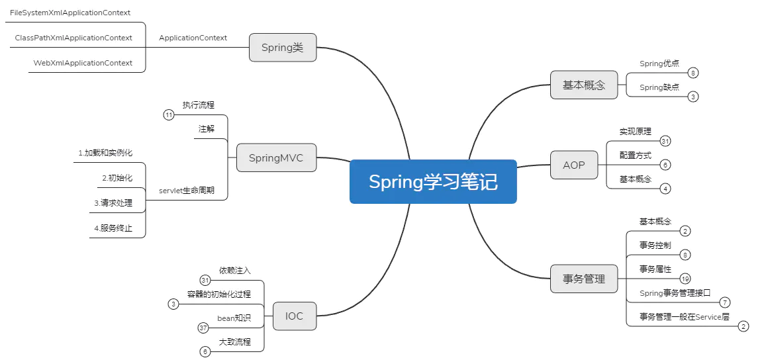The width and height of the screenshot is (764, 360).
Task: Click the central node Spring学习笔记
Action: [x=433, y=181]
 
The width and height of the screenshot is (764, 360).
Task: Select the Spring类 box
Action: [x=283, y=47]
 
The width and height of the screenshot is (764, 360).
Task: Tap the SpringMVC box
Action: [x=276, y=157]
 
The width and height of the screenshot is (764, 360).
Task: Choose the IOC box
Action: [x=295, y=316]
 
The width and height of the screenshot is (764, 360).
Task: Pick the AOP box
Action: [x=574, y=165]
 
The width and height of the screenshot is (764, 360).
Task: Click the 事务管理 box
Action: [x=584, y=279]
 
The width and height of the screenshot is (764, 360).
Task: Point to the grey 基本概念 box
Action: [x=584, y=85]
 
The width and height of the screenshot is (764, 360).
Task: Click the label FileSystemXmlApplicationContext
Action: [x=70, y=13]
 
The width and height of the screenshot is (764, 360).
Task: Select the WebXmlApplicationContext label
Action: [x=83, y=63]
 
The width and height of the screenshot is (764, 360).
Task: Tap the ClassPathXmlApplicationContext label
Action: [x=73, y=38]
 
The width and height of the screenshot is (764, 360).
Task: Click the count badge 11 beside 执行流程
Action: [x=169, y=115]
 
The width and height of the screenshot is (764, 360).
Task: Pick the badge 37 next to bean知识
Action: [x=204, y=328]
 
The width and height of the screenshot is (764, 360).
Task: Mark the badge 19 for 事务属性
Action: [x=686, y=279]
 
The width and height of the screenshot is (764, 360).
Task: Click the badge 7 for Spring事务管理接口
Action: [x=724, y=302]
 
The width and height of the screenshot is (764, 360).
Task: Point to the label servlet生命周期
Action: [x=187, y=191]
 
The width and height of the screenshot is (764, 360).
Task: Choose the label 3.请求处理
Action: [x=113, y=203]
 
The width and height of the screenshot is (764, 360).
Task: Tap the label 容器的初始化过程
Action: [x=218, y=294]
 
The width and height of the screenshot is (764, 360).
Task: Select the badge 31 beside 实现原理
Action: [x=665, y=141]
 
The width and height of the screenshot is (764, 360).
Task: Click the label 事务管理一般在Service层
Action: [x=685, y=316]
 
